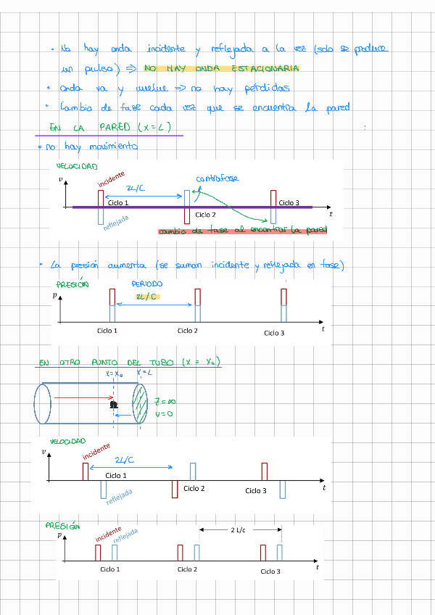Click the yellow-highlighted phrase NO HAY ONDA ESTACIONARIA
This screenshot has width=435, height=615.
(221, 69)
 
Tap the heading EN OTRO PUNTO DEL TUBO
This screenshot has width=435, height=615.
(129, 362)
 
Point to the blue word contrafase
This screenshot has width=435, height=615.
(217, 178)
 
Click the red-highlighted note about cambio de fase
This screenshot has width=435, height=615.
(243, 231)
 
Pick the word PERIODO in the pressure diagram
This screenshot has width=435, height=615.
(147, 284)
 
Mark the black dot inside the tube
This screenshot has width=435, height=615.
(113, 405)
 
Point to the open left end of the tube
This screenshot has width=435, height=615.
(42, 403)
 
